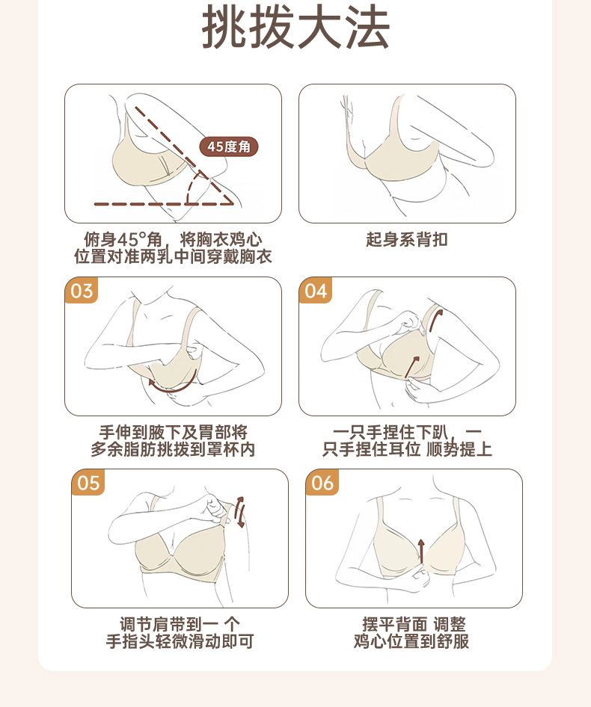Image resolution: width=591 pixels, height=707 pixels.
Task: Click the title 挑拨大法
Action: tap(295, 28)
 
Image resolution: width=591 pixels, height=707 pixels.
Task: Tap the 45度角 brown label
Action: tap(228, 146)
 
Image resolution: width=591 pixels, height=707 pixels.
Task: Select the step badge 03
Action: tap(82, 291)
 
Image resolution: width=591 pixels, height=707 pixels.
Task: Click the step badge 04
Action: tap(316, 291)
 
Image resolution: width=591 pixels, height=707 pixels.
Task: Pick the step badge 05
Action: tap(88, 483)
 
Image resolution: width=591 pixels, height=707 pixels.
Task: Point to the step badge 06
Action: tap(322, 483)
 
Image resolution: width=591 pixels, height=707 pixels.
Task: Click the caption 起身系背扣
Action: tap(407, 239)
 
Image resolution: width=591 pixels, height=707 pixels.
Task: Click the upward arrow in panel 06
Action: tap(421, 551)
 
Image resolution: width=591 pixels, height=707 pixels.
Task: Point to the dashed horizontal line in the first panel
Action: tap(163, 204)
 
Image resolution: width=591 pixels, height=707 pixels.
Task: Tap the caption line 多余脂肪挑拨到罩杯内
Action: tap(173, 450)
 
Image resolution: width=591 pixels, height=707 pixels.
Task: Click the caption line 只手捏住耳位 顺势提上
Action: tap(407, 450)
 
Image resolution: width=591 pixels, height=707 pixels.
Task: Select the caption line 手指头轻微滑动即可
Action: tap(180, 641)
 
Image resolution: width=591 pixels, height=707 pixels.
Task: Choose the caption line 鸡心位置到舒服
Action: tap(411, 641)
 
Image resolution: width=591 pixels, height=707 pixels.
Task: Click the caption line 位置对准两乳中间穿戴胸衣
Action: tap(173, 256)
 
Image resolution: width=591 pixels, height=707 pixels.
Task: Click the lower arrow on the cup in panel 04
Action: tap(411, 367)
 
